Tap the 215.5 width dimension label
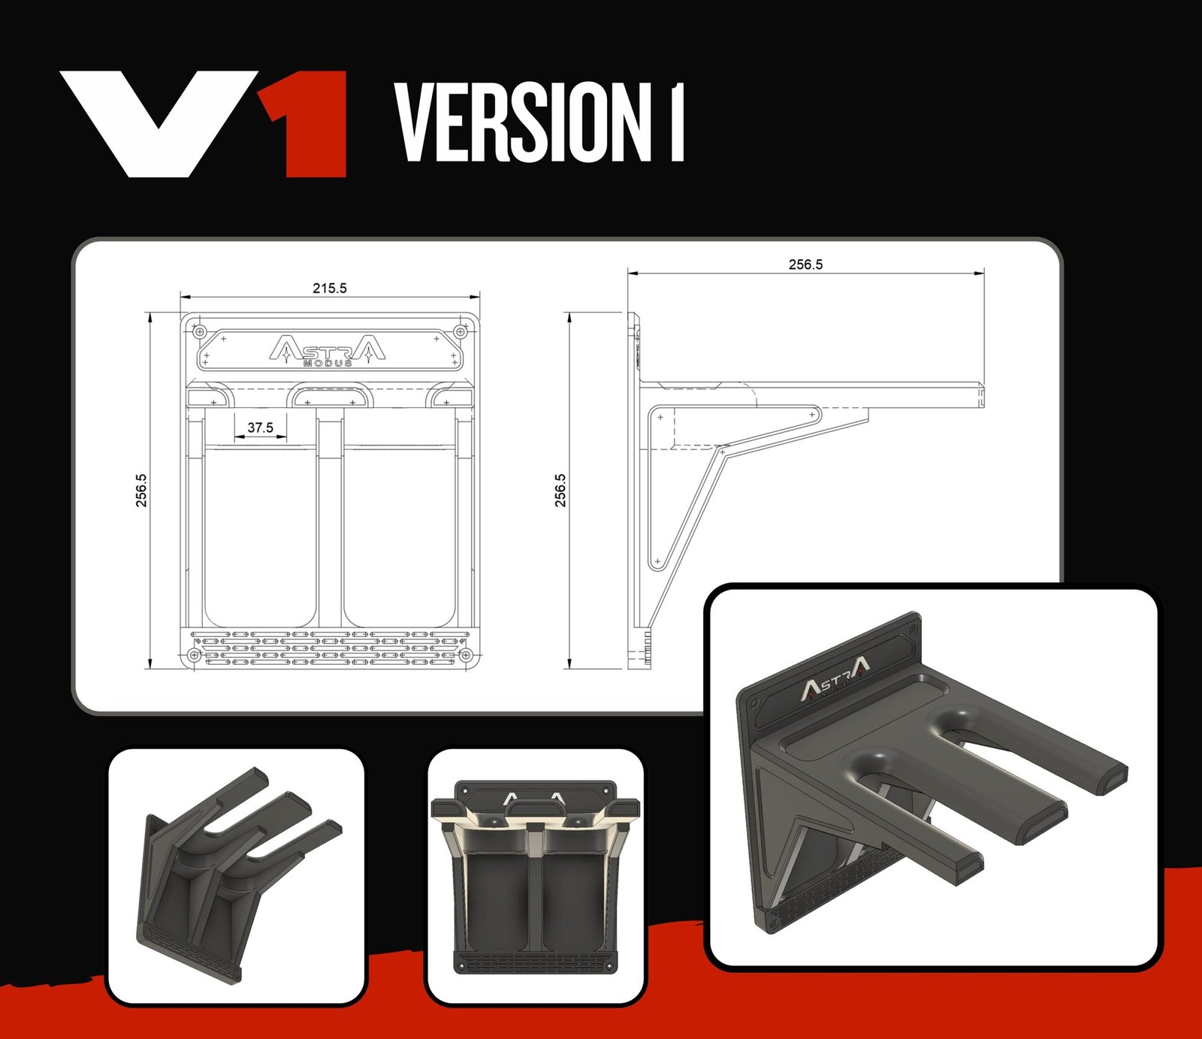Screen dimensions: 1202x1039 [x=330, y=288]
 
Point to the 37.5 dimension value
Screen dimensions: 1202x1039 [x=260, y=427]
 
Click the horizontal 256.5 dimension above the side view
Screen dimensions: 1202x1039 [x=805, y=264]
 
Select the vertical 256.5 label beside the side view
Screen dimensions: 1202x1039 [x=561, y=490]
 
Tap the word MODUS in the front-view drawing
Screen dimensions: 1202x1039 [x=328, y=364]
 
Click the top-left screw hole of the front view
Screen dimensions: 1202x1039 [x=199, y=331]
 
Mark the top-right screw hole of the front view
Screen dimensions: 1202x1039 [x=461, y=331]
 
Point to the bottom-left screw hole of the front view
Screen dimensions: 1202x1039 [x=195, y=655]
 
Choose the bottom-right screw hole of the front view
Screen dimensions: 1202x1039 [x=466, y=655]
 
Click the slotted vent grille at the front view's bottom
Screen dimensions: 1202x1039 [x=330, y=648]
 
